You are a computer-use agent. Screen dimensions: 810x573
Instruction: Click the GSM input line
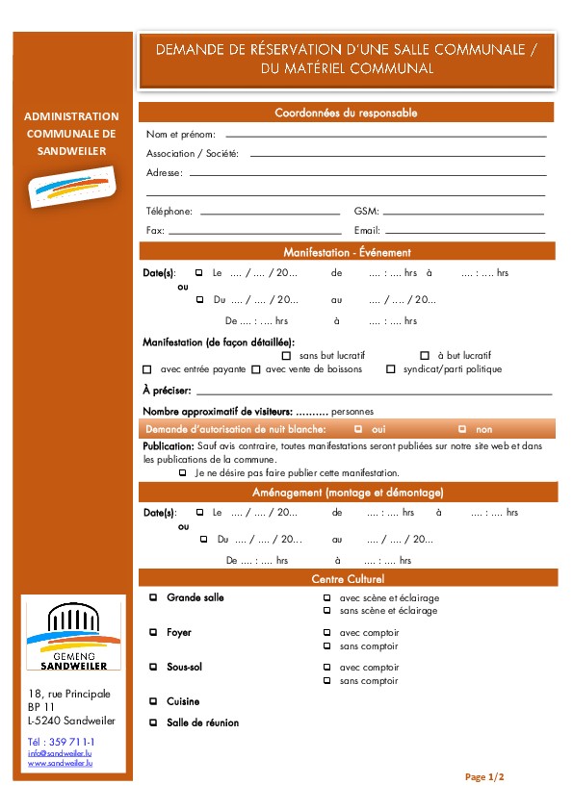(x=463, y=213)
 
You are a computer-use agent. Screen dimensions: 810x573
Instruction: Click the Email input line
(x=465, y=232)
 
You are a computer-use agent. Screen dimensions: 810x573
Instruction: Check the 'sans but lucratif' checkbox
(x=286, y=356)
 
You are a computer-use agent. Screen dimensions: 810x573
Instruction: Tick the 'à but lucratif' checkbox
(x=425, y=356)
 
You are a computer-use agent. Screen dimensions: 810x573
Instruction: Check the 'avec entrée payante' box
(x=147, y=369)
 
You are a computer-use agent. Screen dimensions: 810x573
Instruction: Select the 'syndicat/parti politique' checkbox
(x=391, y=369)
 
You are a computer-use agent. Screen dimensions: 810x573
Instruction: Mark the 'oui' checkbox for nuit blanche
(x=358, y=429)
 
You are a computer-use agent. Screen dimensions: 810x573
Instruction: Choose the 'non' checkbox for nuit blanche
(x=462, y=429)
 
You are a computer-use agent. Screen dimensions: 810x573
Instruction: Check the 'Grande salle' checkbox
(x=153, y=597)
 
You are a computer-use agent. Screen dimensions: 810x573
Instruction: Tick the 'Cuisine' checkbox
(x=153, y=701)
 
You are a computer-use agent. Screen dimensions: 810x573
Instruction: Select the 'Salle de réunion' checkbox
(x=153, y=722)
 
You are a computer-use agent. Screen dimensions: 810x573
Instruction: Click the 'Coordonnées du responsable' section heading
(x=346, y=113)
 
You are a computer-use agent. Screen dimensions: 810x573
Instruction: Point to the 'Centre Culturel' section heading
(x=346, y=579)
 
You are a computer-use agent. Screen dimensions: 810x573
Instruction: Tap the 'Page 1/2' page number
(x=484, y=776)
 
